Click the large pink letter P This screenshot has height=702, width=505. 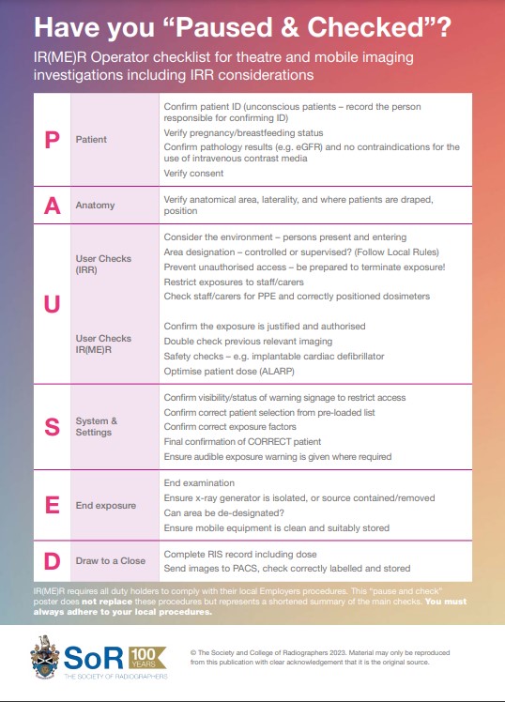53,139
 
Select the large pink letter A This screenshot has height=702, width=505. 53,206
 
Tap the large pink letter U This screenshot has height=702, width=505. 53,304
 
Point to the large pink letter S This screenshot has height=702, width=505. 53,427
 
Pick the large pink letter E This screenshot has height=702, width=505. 53,505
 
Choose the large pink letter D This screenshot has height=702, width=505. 53,560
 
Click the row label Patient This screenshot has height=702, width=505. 92,139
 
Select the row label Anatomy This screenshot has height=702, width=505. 95,206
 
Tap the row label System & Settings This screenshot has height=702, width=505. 97,427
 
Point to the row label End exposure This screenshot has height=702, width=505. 106,505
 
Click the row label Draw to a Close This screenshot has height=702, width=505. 111,560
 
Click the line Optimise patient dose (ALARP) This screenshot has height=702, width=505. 236,370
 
